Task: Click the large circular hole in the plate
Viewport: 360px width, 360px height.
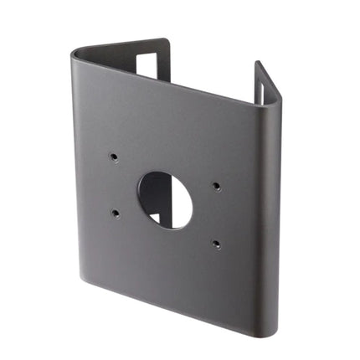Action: [165, 199]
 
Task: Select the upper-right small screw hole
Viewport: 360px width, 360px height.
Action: [216, 187]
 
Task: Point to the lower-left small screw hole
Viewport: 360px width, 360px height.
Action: [115, 213]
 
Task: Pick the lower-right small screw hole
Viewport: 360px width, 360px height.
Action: [215, 244]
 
